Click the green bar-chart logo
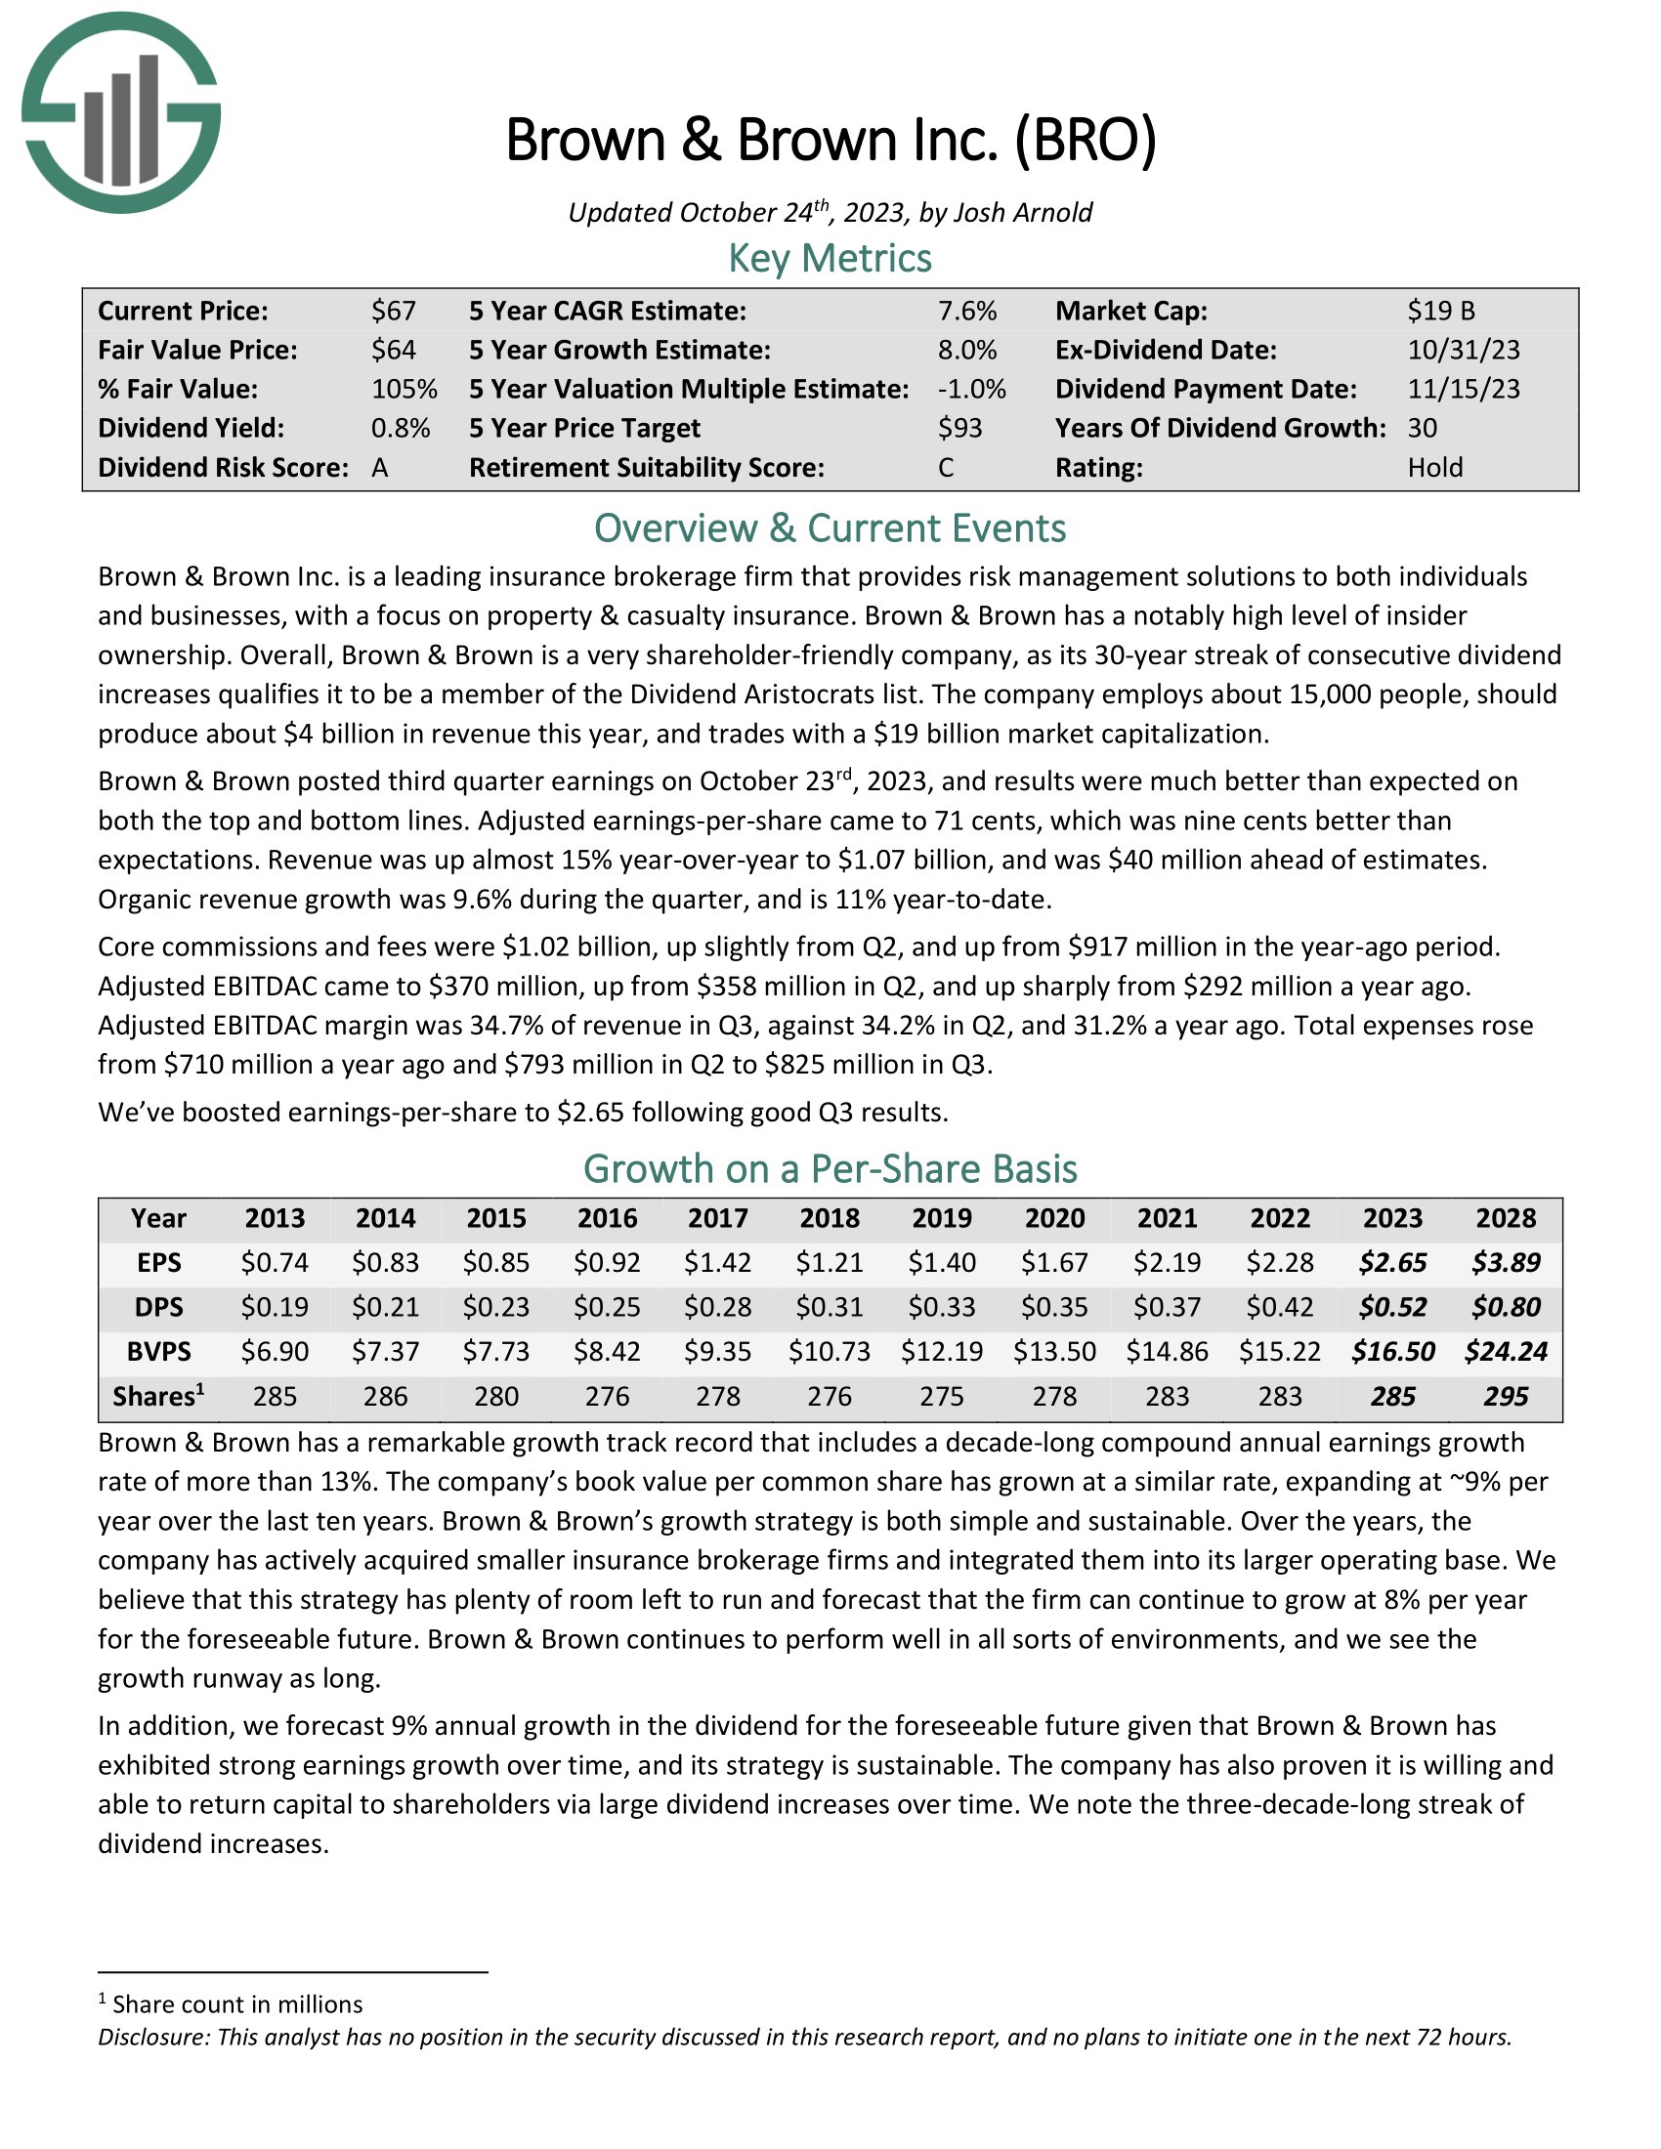coord(121,113)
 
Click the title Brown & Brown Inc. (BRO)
coord(830,140)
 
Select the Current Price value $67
coord(394,311)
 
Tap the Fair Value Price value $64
coord(394,351)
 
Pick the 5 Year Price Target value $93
coord(959,428)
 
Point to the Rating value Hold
coord(1434,467)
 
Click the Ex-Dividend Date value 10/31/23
coord(1464,351)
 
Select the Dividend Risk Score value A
coord(380,467)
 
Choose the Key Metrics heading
coord(830,258)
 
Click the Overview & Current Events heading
coord(830,528)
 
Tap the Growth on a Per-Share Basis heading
coord(830,1169)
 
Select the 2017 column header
coord(718,1218)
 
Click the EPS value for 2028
coord(1506,1262)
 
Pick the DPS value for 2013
coord(275,1307)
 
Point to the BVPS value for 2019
coord(942,1351)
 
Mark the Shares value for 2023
coord(1393,1396)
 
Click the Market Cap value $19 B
coord(1440,311)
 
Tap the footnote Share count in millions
coord(236,2004)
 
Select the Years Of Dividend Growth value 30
coord(1422,428)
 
